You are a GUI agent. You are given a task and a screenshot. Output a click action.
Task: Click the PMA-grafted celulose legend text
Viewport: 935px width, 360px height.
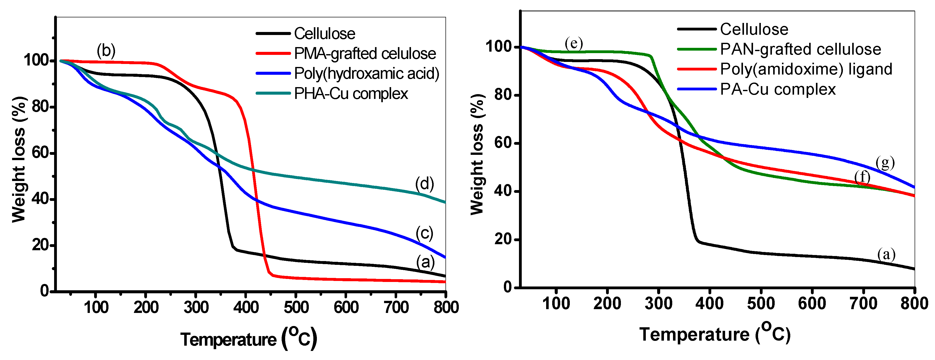(x=365, y=54)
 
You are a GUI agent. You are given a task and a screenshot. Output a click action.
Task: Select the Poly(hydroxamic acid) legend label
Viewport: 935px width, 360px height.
(x=367, y=74)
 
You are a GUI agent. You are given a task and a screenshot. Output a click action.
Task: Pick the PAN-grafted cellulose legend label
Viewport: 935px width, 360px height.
(x=800, y=49)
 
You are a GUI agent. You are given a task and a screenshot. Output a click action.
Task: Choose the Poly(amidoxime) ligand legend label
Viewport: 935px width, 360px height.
(x=806, y=69)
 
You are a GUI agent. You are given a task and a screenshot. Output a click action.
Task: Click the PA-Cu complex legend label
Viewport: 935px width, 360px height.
(x=778, y=89)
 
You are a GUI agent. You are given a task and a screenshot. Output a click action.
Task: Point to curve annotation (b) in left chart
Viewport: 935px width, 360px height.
(x=106, y=50)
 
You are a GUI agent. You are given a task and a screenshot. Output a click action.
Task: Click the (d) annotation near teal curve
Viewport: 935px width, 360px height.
(x=424, y=184)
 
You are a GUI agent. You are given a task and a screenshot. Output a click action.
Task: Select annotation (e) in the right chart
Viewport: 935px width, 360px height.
(x=574, y=43)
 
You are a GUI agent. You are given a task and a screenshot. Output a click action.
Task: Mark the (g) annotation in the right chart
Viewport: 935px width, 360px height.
(x=885, y=163)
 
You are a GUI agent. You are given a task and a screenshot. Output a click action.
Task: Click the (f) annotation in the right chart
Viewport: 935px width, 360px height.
(x=862, y=177)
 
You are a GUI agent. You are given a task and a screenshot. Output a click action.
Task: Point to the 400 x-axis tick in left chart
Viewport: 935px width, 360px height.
(x=246, y=308)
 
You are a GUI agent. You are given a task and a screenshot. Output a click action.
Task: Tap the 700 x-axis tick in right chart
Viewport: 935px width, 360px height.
(x=863, y=303)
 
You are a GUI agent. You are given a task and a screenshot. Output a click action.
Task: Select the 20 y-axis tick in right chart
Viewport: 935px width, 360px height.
(x=503, y=239)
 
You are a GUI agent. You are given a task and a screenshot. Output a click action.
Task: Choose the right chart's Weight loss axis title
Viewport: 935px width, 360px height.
(x=477, y=154)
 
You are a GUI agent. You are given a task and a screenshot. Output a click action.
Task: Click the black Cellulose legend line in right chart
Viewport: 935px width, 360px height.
(x=696, y=29)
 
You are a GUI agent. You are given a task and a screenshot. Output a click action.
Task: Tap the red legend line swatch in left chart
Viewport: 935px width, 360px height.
(x=273, y=53)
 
